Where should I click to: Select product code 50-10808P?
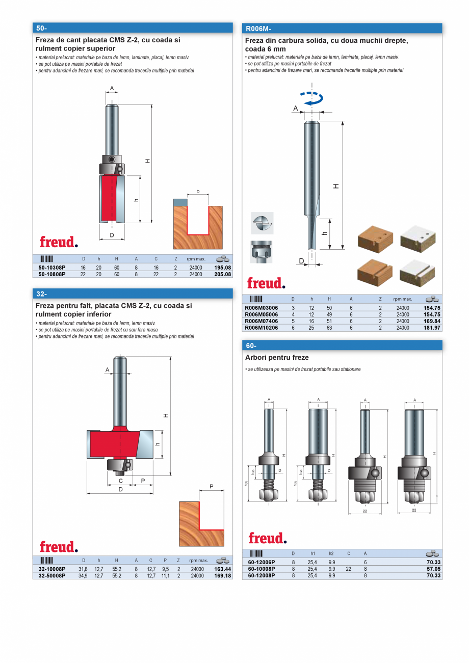pos(52,274)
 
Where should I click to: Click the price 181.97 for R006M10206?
pos(432,328)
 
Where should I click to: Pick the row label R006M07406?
pos(262,322)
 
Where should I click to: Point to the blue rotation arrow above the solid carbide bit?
pos(311,98)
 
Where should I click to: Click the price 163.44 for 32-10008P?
pos(223,569)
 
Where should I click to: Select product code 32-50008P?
pos(52,576)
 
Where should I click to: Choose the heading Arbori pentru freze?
pos(277,358)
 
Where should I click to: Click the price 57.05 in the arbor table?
pos(433,569)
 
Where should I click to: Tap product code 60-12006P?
pos(262,562)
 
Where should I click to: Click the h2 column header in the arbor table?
pos(331,553)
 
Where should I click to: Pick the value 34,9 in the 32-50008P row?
pos(83,576)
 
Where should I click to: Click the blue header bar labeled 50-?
pos(133,28)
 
